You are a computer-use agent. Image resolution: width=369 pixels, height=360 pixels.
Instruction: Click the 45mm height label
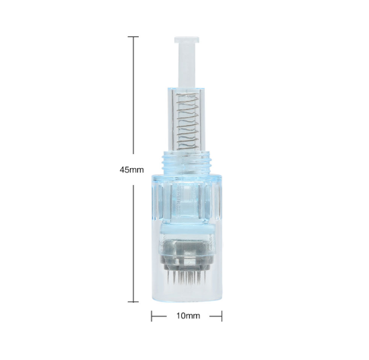[x=131, y=170]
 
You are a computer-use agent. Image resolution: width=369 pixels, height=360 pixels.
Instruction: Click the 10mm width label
[x=189, y=316]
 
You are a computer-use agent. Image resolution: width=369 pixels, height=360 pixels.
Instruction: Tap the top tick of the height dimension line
[x=133, y=37]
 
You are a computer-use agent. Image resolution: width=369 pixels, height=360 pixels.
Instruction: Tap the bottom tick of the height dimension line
[x=133, y=301]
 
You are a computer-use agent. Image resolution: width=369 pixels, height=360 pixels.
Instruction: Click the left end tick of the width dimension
[x=152, y=316]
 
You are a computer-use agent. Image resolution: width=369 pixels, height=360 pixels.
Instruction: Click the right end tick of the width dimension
[x=222, y=316]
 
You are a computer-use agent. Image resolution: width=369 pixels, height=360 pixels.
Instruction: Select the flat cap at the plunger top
[x=187, y=40]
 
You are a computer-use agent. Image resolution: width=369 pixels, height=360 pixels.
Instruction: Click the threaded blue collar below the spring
[x=187, y=161]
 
